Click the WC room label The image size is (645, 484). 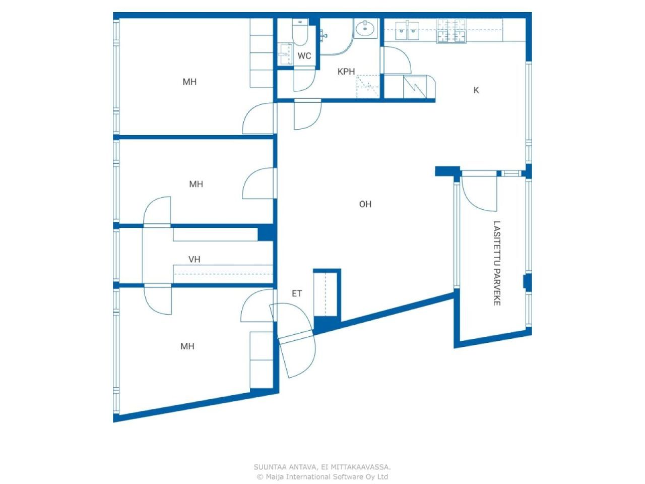[304, 56]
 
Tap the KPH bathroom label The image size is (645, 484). [346, 72]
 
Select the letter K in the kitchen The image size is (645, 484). [476, 90]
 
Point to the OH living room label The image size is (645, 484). [365, 204]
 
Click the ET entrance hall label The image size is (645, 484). [297, 293]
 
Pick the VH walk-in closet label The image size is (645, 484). [194, 260]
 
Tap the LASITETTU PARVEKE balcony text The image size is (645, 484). [497, 263]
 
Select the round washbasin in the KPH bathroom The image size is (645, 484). [365, 29]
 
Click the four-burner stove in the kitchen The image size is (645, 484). [451, 31]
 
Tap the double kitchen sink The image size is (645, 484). [407, 31]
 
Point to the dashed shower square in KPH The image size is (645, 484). [368, 86]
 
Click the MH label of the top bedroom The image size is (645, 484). [189, 82]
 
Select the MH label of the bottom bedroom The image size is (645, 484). [187, 346]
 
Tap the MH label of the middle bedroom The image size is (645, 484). [196, 184]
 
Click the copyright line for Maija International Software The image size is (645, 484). [322, 476]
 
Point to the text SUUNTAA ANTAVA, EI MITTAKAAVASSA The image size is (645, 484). [322, 467]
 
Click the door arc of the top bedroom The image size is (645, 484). [258, 118]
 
